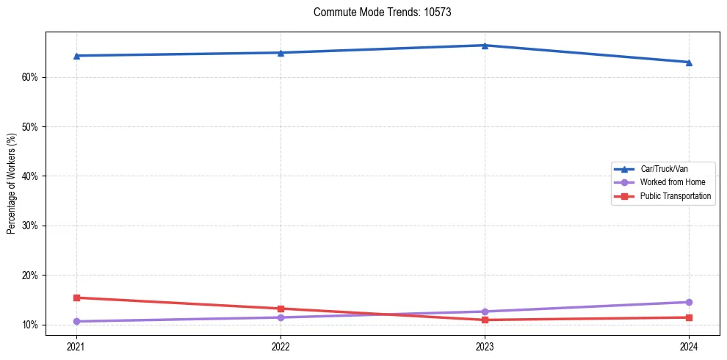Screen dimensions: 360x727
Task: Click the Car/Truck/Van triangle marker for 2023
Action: tap(485, 46)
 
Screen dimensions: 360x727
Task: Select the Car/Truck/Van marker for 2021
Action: tap(76, 56)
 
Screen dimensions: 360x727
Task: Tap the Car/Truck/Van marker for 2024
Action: tap(689, 62)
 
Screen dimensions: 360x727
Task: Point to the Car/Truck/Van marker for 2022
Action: tap(281, 53)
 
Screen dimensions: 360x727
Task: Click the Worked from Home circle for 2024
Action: tap(689, 302)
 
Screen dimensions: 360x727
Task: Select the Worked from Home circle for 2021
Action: tap(76, 321)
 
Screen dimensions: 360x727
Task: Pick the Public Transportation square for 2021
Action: tap(76, 298)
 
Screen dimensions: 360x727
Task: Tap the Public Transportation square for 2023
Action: tap(485, 320)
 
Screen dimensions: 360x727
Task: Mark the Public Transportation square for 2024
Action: tap(689, 317)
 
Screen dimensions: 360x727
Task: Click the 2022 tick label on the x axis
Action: tap(281, 346)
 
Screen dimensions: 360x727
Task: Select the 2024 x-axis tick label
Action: tap(689, 346)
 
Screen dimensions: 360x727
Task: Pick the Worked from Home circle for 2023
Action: tap(485, 312)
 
